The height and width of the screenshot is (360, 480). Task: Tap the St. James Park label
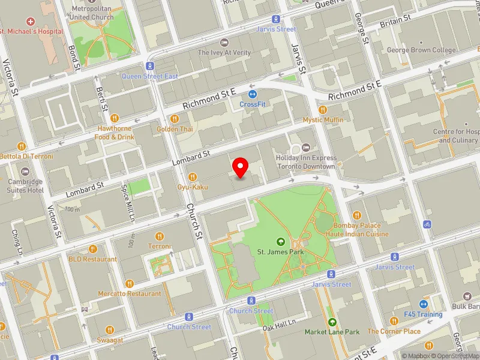280,251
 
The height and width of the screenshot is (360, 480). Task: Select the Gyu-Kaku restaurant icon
193,176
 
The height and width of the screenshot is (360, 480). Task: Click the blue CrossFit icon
253,94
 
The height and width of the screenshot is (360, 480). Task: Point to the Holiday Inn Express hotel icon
305,148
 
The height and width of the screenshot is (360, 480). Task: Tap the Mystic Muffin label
323,120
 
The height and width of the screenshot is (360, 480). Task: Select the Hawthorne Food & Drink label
113,133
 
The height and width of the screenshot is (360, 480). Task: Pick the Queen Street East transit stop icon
150,66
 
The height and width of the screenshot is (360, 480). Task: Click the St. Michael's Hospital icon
31,21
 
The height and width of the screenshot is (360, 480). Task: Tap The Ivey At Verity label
224,52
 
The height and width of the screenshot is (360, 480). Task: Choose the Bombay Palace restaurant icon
357,215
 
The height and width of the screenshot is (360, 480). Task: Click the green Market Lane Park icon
332,322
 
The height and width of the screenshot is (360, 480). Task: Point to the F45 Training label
422,314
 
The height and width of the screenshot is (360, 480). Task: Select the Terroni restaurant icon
160,236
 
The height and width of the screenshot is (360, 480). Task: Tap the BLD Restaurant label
92,259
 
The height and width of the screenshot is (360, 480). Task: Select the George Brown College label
421,50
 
